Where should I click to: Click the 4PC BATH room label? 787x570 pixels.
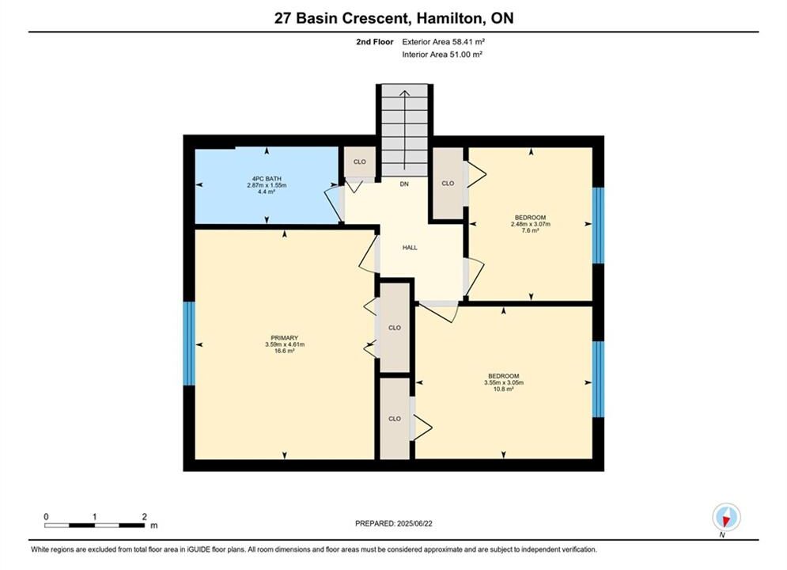click(267, 179)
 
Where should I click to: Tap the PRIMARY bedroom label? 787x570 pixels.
click(285, 338)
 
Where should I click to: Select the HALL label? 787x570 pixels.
click(410, 248)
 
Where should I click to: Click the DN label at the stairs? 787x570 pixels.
click(404, 184)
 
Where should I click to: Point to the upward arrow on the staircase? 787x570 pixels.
click(404, 131)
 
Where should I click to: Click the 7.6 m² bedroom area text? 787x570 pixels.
click(531, 230)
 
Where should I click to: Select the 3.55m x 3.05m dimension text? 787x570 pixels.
click(504, 382)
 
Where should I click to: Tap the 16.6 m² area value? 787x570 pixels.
click(285, 351)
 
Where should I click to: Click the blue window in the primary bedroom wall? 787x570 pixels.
click(189, 344)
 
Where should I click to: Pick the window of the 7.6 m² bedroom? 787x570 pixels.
click(598, 226)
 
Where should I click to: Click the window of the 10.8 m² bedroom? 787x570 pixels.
click(598, 379)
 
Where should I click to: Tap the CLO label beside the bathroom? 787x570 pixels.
click(360, 161)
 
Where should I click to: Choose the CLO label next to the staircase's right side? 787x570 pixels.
click(448, 184)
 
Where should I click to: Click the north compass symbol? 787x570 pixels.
click(726, 517)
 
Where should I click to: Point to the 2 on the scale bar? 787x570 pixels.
click(145, 516)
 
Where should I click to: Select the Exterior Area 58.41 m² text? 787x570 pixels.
click(443, 42)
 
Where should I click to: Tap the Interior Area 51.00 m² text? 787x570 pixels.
click(442, 55)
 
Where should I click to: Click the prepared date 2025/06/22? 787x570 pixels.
click(414, 523)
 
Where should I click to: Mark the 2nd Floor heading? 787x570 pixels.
click(375, 42)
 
